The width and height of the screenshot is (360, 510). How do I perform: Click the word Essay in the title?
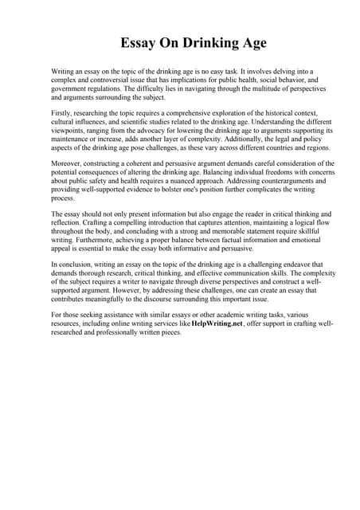tap(140, 42)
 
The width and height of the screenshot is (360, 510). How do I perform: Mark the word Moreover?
tap(67, 163)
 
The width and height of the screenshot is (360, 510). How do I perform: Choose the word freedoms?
tap(251, 172)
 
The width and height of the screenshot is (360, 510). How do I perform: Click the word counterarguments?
tap(250, 181)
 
